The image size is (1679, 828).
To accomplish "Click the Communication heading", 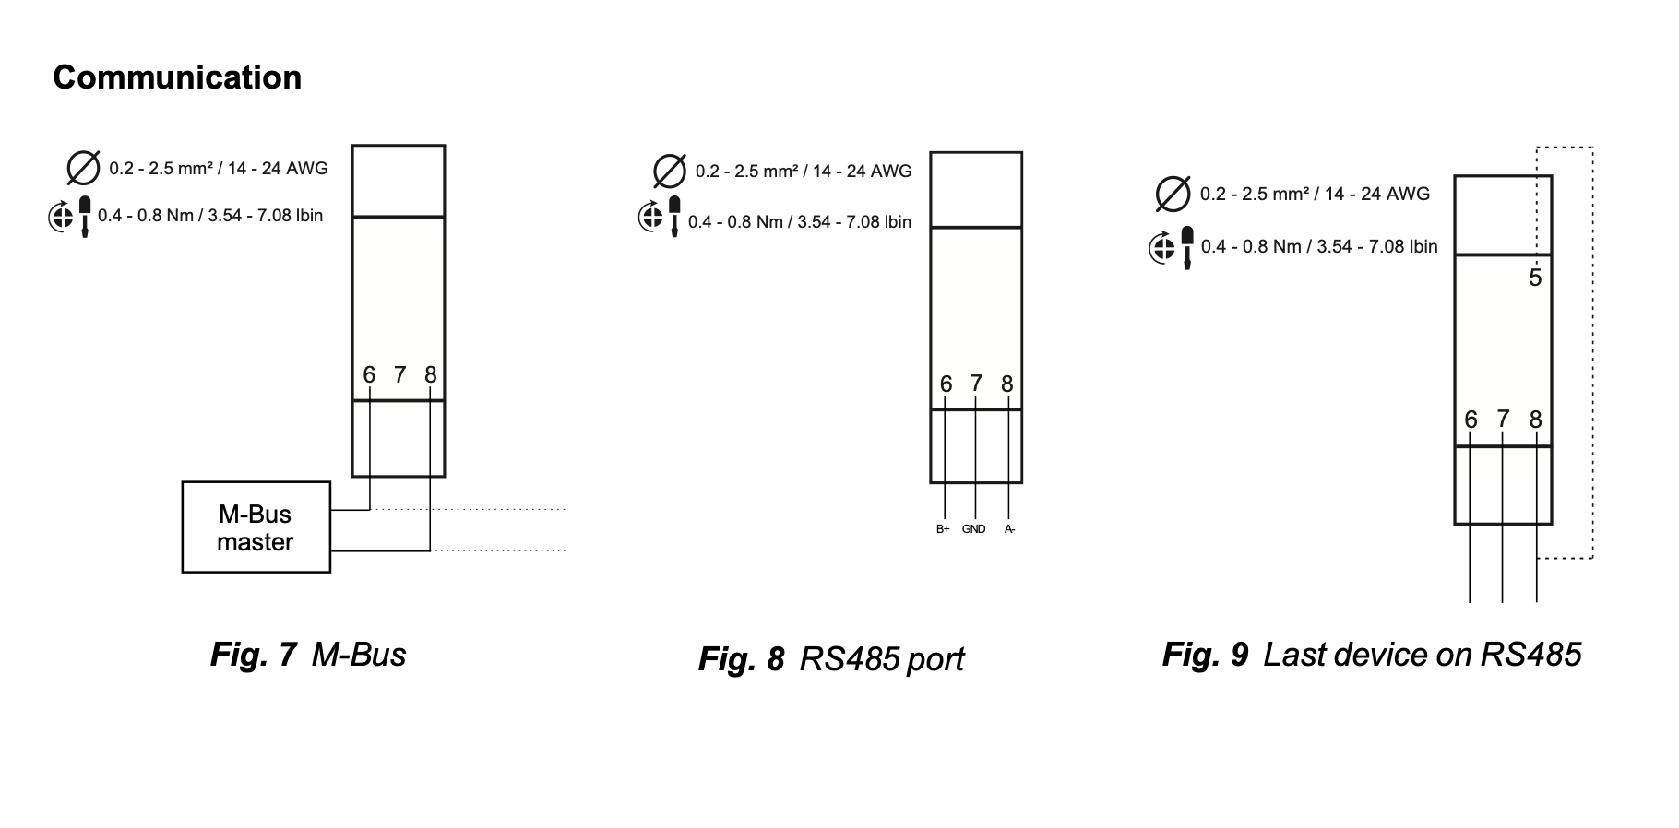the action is (177, 77).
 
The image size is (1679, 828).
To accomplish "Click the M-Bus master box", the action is (256, 526).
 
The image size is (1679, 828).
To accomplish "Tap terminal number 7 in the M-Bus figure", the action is (399, 374).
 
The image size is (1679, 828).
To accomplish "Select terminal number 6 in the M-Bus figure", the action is (369, 374).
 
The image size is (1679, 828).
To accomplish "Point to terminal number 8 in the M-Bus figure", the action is (430, 374).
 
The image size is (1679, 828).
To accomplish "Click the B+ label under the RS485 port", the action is (943, 529).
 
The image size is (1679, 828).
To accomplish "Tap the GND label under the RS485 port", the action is (973, 529).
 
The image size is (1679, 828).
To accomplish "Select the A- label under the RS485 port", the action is (1009, 529).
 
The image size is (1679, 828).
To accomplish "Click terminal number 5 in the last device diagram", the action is (1534, 278).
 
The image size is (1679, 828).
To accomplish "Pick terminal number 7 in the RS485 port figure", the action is (976, 383).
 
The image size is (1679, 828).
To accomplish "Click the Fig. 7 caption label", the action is (253, 654).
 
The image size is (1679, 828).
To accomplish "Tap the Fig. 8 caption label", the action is (741, 658).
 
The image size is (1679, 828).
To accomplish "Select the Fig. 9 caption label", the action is (1205, 654).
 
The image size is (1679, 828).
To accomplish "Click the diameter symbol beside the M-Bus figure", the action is (83, 168).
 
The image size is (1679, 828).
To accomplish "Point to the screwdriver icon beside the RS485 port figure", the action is (674, 216).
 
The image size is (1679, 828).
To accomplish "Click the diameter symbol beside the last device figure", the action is (1173, 194).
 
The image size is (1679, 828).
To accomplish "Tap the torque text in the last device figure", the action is (1319, 246).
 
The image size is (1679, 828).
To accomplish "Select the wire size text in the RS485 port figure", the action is (804, 172).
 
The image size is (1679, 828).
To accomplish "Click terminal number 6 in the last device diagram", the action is (1471, 420).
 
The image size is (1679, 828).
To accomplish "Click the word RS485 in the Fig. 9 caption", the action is (1530, 654).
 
